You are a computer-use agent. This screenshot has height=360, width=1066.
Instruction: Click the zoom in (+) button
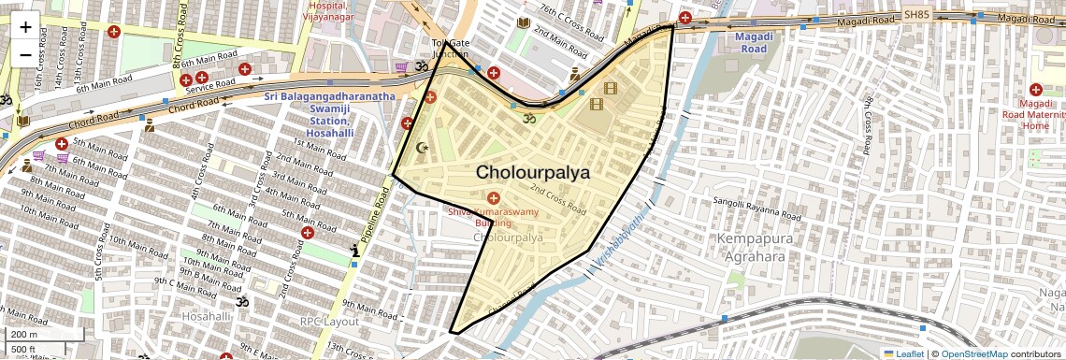tap(25, 26)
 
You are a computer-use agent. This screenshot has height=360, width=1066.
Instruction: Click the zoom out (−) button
tap(25, 54)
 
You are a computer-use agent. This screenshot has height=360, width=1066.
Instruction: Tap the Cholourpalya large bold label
tap(533, 172)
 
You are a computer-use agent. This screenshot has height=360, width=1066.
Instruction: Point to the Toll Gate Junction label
tap(450, 49)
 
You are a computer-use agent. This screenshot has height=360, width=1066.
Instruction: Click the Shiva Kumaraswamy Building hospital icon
tap(494, 197)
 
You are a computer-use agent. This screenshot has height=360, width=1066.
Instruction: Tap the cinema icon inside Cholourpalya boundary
tap(611, 89)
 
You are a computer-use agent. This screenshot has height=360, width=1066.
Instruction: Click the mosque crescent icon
tap(422, 148)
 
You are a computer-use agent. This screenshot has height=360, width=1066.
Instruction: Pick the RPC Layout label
tap(329, 321)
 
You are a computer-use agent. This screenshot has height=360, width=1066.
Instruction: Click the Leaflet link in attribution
tap(903, 353)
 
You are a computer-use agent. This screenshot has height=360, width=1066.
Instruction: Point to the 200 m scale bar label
tap(24, 334)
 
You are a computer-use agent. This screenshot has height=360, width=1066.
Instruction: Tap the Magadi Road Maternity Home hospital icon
tap(1036, 89)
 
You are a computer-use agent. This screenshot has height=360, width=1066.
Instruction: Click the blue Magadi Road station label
tap(753, 42)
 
